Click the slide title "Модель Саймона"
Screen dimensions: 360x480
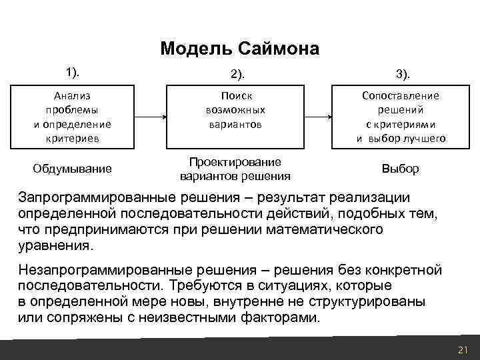click(240, 49)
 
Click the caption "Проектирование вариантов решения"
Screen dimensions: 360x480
click(235, 169)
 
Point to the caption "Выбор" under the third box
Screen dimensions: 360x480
click(400, 169)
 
